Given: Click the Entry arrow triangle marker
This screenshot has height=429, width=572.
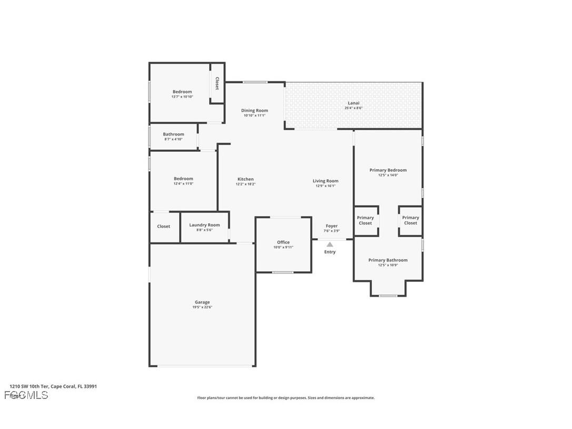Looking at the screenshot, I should click(x=329, y=245).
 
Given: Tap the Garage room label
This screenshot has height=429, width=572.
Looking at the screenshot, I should click(x=203, y=303).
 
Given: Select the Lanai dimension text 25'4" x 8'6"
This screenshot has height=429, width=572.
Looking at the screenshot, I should click(x=353, y=108).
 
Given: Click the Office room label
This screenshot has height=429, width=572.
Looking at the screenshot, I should click(x=283, y=242).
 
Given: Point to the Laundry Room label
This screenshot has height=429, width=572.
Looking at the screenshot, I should click(x=204, y=225).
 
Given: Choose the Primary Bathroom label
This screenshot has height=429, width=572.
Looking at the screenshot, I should click(x=388, y=260).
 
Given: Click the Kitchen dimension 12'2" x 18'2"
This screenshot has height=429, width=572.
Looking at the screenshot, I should click(x=245, y=184).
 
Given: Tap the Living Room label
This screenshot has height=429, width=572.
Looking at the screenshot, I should click(x=326, y=181).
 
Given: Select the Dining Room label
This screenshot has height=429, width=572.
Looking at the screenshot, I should click(x=254, y=111).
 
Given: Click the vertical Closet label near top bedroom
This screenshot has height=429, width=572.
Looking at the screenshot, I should click(x=216, y=84).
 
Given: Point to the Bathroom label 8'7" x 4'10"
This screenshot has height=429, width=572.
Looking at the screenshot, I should click(x=173, y=134).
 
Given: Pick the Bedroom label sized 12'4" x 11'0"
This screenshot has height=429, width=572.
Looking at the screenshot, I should click(x=183, y=179).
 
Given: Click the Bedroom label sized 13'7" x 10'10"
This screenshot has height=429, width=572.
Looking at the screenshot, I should click(x=182, y=92).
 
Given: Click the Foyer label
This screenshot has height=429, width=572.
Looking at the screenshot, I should click(x=331, y=226).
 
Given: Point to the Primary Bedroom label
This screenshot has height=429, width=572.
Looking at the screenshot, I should click(x=388, y=170).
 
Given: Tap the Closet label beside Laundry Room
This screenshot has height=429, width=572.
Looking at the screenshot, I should click(x=164, y=227).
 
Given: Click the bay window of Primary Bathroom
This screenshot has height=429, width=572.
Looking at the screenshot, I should click(x=388, y=296).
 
